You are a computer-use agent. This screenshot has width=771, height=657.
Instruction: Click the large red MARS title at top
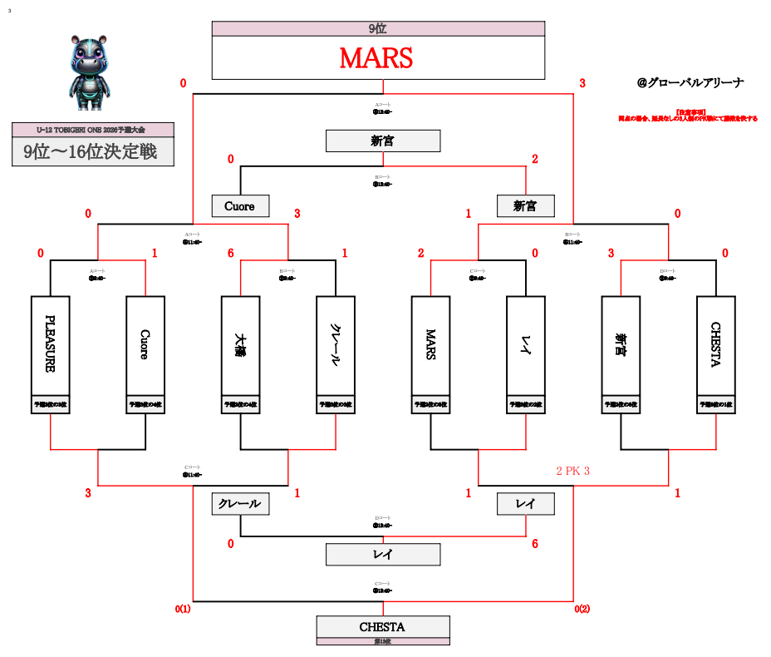click(376, 58)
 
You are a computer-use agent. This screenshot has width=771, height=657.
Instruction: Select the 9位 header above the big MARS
click(378, 28)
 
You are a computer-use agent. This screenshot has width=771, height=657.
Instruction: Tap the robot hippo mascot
click(87, 72)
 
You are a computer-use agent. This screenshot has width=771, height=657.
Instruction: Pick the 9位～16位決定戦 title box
click(92, 152)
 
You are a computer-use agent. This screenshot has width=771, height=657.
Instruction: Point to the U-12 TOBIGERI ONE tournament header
click(92, 130)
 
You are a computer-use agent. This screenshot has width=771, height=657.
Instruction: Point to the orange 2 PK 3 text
click(573, 472)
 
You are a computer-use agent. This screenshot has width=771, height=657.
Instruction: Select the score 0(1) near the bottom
click(183, 610)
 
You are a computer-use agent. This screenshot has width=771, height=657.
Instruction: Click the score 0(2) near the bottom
click(582, 610)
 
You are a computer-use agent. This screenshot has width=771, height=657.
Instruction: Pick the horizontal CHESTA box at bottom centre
click(382, 626)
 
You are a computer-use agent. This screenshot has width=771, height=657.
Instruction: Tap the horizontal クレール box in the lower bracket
click(240, 504)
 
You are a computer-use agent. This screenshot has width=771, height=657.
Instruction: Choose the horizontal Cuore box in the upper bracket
click(240, 205)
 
